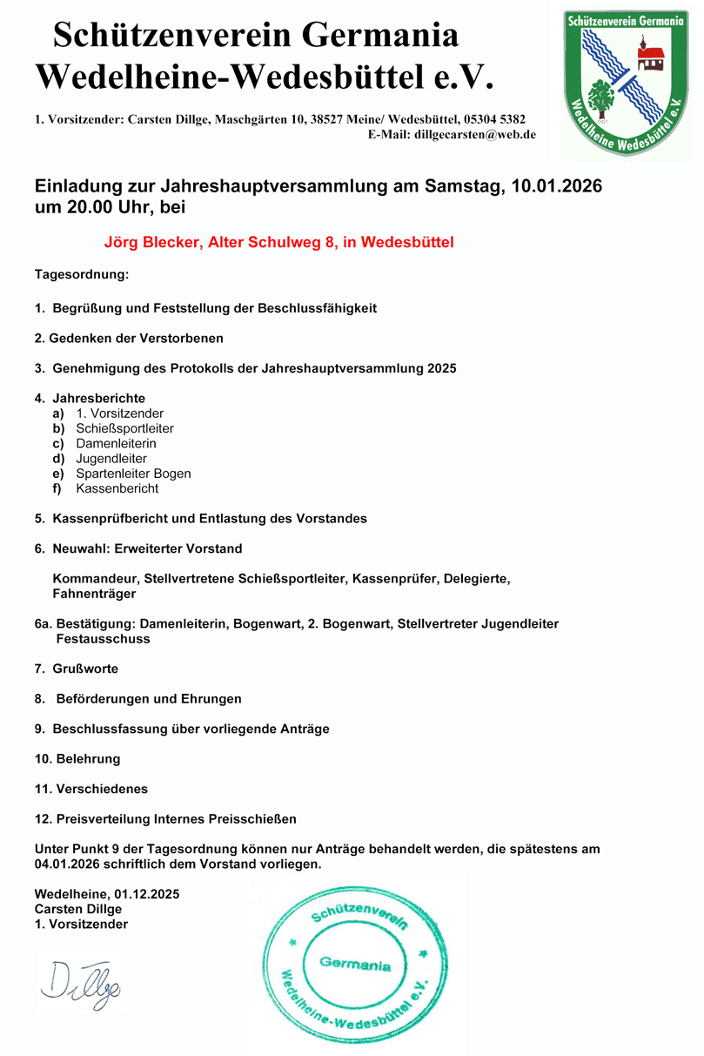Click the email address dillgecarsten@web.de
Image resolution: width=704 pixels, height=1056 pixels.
pos(474,135)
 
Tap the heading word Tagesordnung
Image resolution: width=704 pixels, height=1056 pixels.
pos(81,275)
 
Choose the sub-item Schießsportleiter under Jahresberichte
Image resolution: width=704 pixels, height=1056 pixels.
pos(124,428)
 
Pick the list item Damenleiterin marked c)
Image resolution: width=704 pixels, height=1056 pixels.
pos(116,443)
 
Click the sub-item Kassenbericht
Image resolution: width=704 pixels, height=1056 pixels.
pos(117,488)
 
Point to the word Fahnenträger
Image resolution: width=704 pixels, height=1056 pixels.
pos(94,594)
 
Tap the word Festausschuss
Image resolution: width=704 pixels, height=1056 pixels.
pos(103,639)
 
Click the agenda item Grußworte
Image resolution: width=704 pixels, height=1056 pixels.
pos(85,669)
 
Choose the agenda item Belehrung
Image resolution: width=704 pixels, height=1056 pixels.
pos(88,758)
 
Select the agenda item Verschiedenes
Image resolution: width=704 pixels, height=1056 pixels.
pos(102,789)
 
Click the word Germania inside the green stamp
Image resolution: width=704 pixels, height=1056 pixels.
pos(355,965)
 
